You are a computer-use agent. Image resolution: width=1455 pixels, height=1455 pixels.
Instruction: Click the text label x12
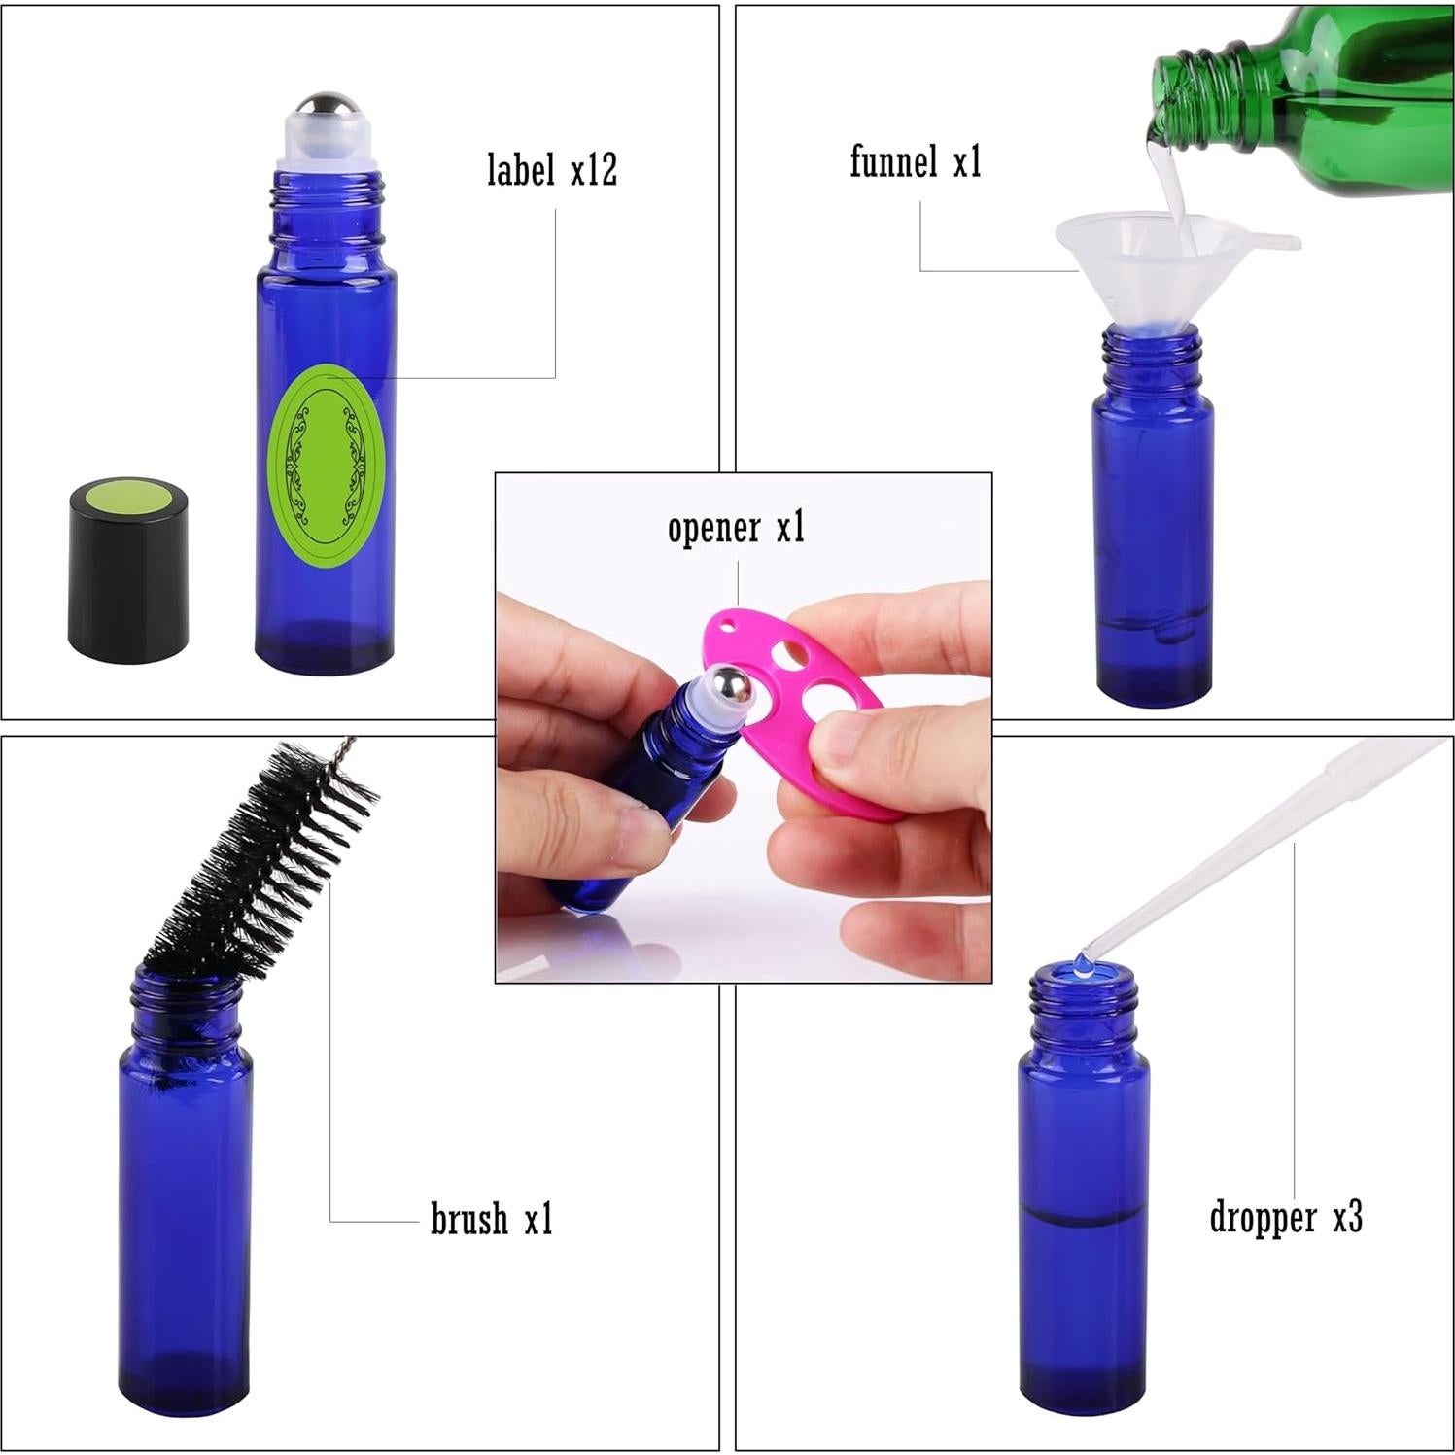tap(551, 169)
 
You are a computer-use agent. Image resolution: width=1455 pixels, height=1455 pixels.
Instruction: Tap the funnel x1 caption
tap(916, 161)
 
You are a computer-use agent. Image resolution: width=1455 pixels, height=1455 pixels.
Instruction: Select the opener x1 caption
tap(736, 528)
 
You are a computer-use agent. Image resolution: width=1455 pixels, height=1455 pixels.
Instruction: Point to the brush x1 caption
tap(491, 1218)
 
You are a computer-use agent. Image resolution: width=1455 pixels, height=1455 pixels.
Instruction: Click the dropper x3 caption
tap(1285, 1217)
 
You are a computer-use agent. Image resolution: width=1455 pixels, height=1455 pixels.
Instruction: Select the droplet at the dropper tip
tap(1081, 963)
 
